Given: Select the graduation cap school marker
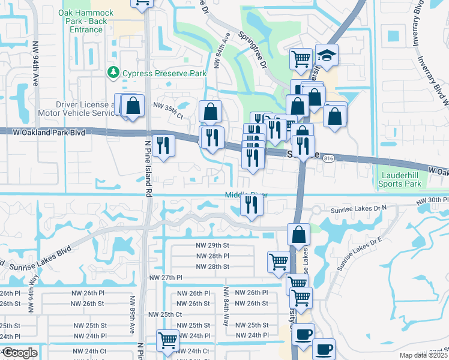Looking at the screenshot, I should pos(327,56).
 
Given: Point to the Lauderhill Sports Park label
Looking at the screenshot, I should pos(401,179).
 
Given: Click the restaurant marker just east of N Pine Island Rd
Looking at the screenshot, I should pos(163,145).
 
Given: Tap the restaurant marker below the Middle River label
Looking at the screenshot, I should pos(252,206).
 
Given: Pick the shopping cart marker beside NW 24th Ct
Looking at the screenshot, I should pos(167,340).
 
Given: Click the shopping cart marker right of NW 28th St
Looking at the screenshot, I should pos(279,262).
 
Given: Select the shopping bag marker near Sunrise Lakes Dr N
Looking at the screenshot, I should pos(298,235).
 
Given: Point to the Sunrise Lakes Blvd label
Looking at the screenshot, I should pos(36,256).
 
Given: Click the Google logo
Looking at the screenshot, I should pos(20,353).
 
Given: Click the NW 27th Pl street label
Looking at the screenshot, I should pos(165,278).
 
